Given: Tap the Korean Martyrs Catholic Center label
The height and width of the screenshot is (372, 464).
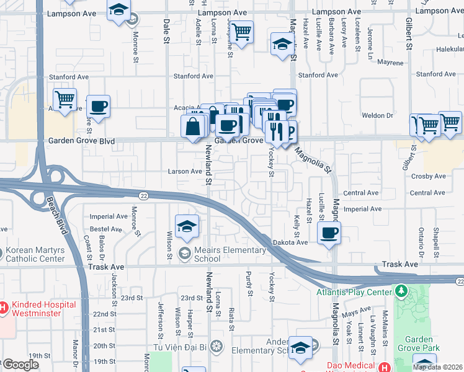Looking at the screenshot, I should (35, 254).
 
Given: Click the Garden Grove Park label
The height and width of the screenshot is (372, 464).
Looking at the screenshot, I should (423, 343).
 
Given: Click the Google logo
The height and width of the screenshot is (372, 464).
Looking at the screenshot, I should (20, 365).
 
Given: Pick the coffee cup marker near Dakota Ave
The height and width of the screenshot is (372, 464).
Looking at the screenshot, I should (329, 234).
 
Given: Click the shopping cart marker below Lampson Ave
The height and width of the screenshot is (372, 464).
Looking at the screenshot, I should (241, 30).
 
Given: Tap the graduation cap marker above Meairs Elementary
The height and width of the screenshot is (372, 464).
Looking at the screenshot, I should (186, 227).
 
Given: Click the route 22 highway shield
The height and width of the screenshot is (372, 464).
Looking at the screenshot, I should (143, 195).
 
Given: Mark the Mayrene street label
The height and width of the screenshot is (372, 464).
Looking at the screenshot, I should (390, 63).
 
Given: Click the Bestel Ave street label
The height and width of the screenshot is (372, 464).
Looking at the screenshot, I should (106, 229).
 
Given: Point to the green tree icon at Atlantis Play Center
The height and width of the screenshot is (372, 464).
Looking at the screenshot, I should (401, 291).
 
